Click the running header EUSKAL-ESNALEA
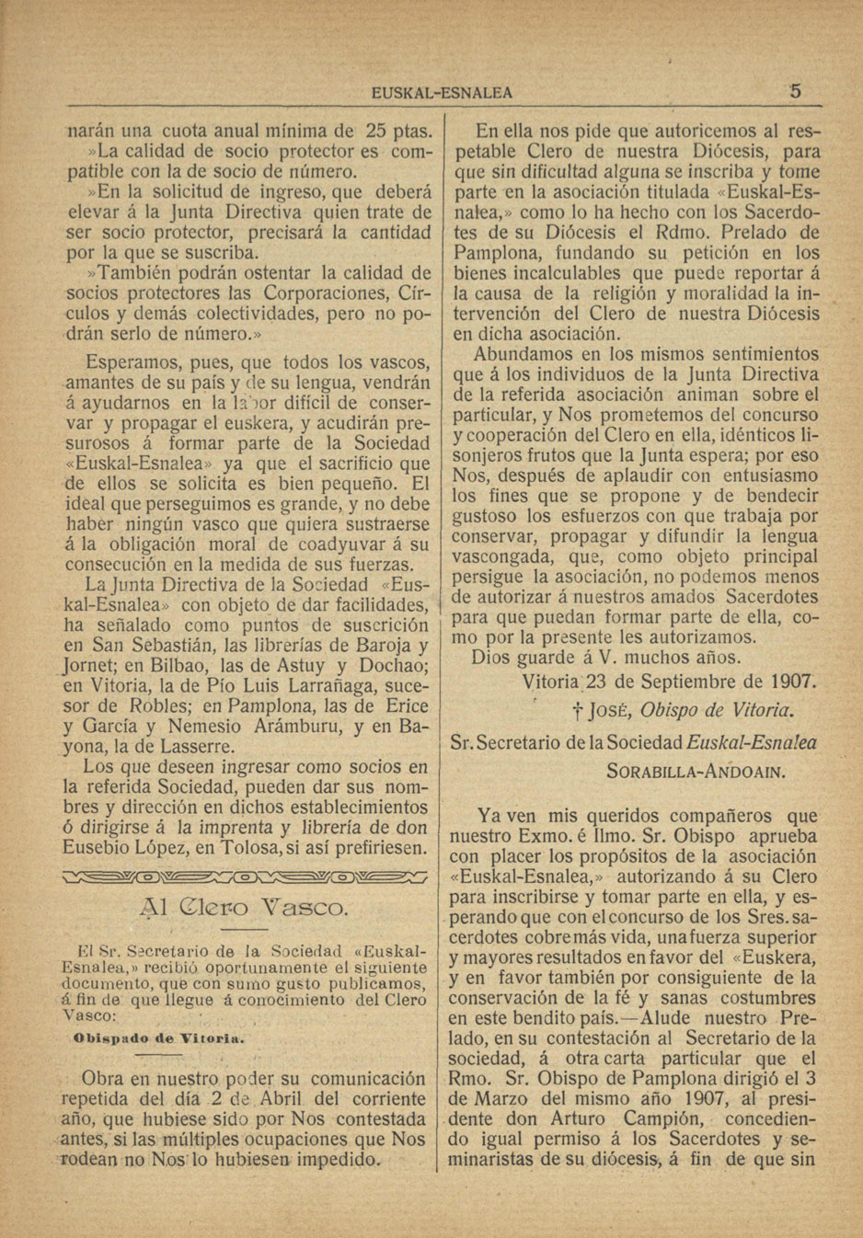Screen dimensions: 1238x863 point(442,93)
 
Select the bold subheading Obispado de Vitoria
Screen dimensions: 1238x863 point(158,1037)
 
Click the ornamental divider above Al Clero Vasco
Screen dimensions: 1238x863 point(245,876)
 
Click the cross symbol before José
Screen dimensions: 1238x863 point(576,711)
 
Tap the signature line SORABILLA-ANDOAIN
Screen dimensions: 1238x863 point(696,771)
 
